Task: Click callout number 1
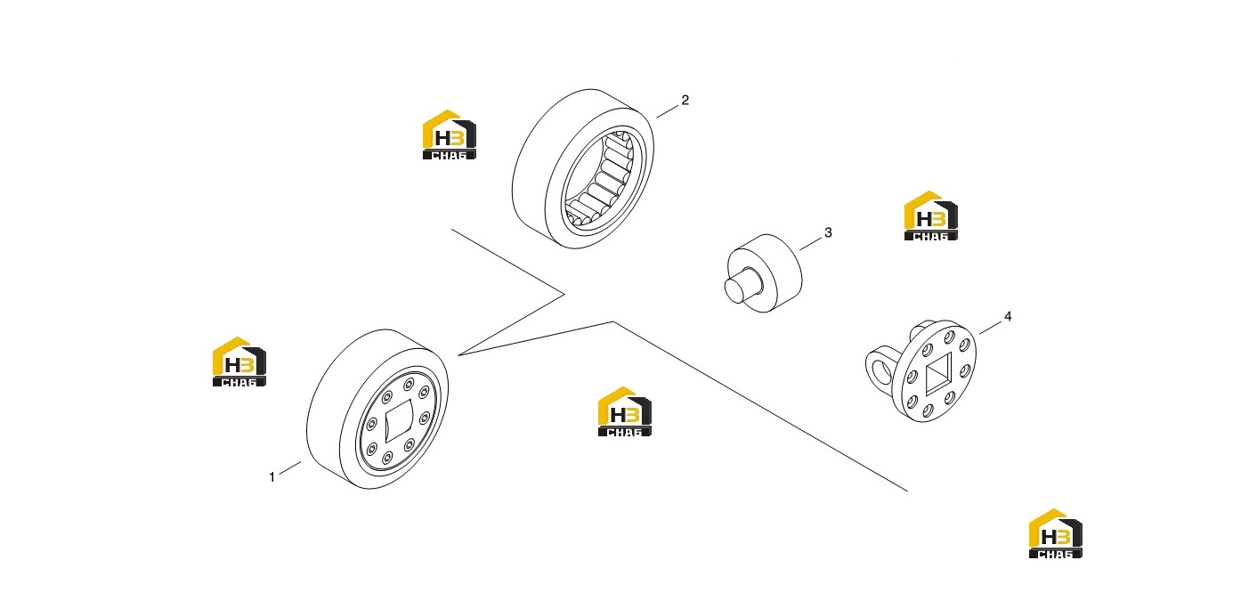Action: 272,477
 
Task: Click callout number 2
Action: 685,100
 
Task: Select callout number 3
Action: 828,232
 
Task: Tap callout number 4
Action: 1008,316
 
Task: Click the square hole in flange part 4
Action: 938,372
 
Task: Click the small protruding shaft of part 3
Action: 742,286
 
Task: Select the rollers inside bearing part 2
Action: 600,178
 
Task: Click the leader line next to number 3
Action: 811,244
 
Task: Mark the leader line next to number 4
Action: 990,328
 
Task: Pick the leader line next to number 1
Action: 290,468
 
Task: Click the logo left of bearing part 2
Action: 450,134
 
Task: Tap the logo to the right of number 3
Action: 930,215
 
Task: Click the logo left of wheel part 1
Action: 239,361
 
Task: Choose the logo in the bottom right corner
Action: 1056,533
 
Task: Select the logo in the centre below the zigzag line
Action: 625,411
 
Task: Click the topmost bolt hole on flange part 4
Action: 948,337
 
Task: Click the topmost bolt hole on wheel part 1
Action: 409,384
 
